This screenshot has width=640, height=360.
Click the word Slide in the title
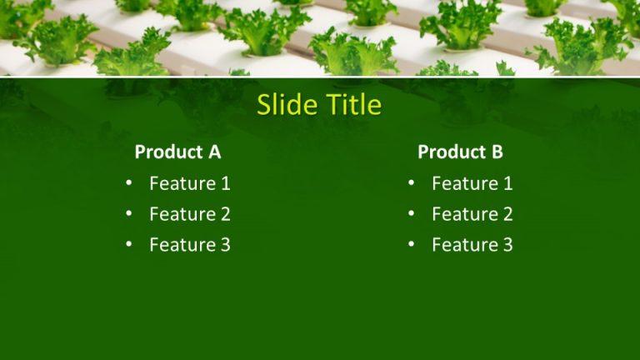pos(287,105)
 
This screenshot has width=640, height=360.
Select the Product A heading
pos(177,152)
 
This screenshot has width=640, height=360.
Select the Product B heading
pos(460,152)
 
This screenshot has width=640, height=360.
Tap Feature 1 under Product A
pos(189,183)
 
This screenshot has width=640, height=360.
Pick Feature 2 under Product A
pos(189,214)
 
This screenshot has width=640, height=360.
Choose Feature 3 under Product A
pos(189,245)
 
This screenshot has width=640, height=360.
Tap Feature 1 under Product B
pos(472,183)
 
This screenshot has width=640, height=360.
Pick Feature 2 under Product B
pos(472,214)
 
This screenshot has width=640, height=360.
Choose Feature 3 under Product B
pos(472,245)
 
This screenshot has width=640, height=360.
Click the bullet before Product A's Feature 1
pos(128,183)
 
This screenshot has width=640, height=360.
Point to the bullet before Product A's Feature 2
pos(128,214)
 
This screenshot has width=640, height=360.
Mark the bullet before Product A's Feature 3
pos(128,245)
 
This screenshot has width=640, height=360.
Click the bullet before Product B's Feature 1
pos(411,183)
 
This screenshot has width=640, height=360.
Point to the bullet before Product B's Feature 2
pos(411,214)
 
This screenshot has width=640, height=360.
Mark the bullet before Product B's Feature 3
pos(411,245)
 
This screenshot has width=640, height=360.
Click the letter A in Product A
pos(214,152)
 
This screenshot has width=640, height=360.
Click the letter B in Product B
pos(497,152)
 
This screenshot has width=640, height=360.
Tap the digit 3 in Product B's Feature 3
pos(507,245)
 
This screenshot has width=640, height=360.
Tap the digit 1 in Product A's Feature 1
pos(225,183)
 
